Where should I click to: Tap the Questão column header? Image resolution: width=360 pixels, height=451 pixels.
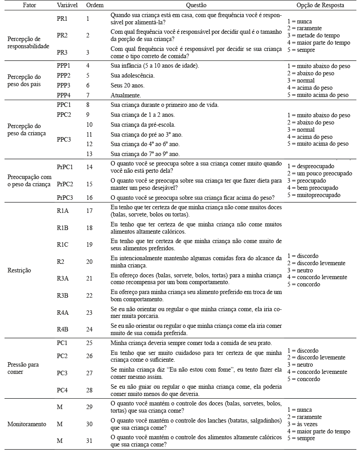point(195,5)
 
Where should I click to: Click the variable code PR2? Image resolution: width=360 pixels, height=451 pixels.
point(63,35)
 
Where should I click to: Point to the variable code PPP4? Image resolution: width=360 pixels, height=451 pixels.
point(64,95)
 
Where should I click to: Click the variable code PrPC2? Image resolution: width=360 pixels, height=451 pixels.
point(65,184)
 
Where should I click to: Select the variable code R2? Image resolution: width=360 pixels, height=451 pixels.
point(60,261)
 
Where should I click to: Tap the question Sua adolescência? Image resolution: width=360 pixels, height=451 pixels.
point(132,75)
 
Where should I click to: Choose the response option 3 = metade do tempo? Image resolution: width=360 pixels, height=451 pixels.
point(313,36)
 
